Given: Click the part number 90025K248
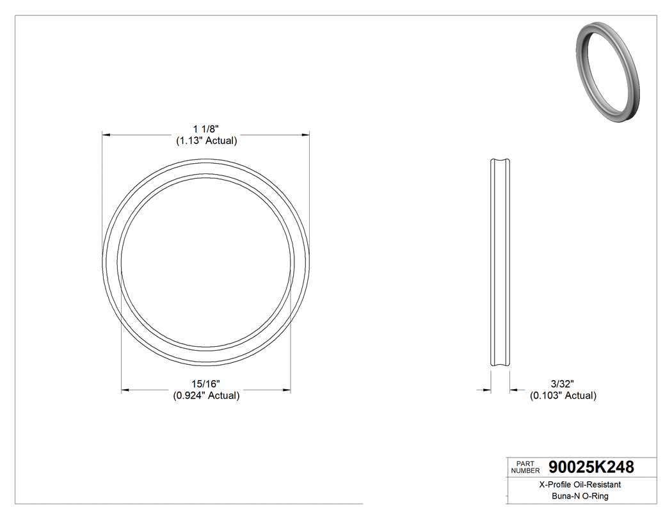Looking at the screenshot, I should [591, 467].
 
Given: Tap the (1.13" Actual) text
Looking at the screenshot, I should [206, 141].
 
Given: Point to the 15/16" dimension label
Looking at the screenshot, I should [206, 384].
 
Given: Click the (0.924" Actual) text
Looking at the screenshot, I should [206, 395].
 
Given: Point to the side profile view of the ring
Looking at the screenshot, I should [500, 264].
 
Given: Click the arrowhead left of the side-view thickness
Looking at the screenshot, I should [487, 389].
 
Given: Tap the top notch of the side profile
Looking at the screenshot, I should [500, 161].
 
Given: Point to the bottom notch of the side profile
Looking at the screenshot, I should [500, 367].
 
